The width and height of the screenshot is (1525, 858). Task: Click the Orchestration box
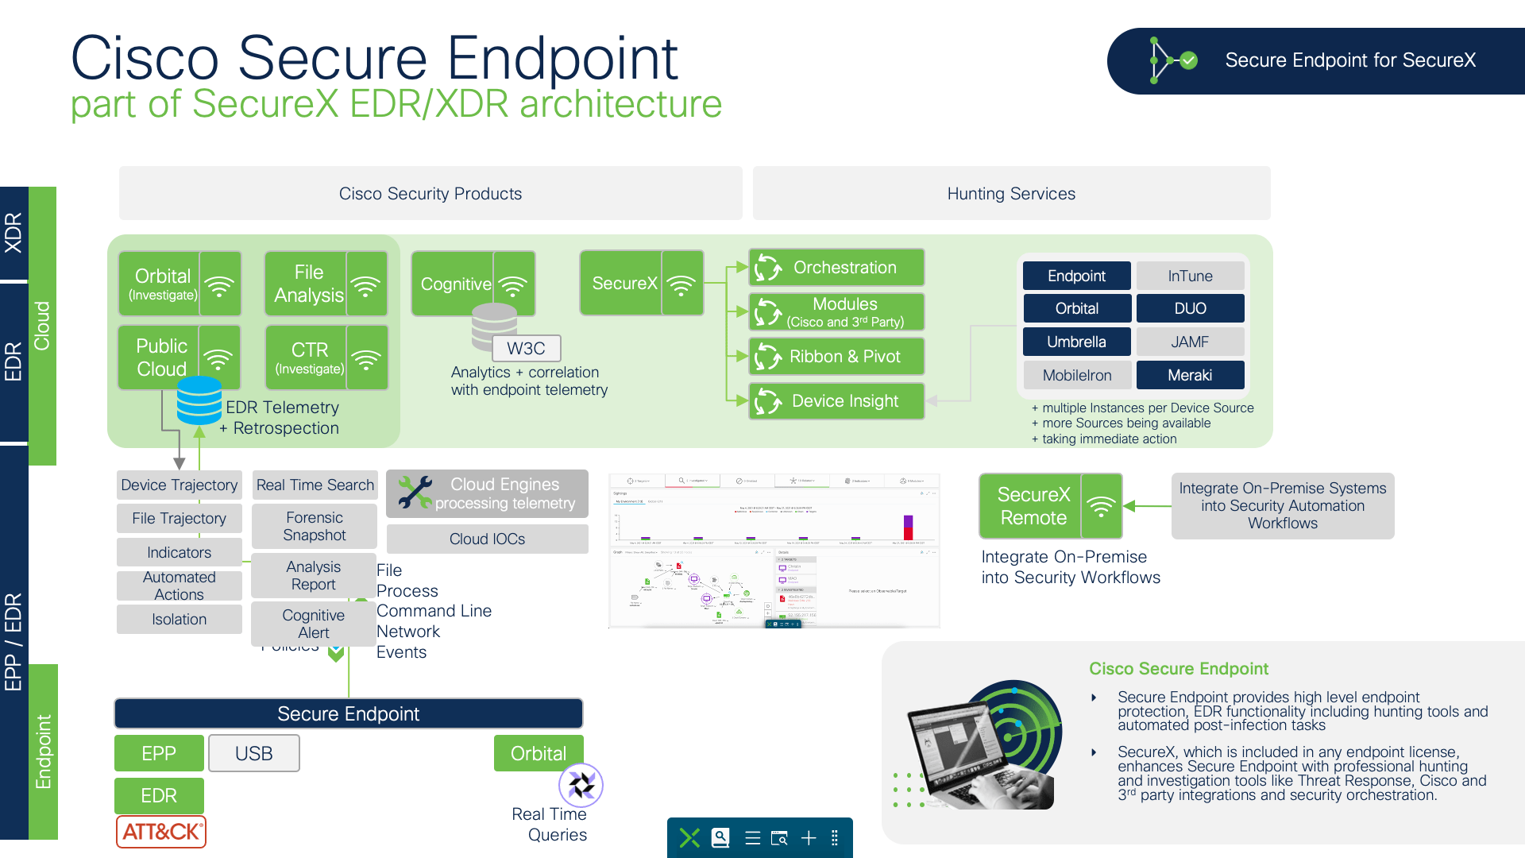pyautogui.click(x=836, y=268)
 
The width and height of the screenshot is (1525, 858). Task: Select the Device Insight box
pyautogui.click(x=836, y=401)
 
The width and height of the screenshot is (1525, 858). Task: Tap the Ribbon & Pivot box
pyautogui.click(x=836, y=357)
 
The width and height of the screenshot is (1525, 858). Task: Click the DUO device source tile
pyautogui.click(x=1190, y=308)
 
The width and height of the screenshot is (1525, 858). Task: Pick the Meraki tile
pyautogui.click(x=1190, y=375)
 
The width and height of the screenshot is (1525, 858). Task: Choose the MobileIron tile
pyautogui.click(x=1076, y=375)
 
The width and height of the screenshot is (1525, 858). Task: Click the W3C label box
pyautogui.click(x=526, y=348)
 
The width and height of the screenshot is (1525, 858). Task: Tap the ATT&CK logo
pyautogui.click(x=161, y=832)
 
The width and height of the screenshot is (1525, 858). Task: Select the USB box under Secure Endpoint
pyautogui.click(x=254, y=753)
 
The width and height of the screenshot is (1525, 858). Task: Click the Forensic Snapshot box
pyautogui.click(x=314, y=526)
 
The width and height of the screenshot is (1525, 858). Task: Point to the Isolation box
pyautogui.click(x=179, y=620)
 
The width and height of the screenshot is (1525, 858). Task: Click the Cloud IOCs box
pyautogui.click(x=487, y=539)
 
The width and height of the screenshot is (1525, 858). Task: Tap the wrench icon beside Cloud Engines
pyautogui.click(x=415, y=493)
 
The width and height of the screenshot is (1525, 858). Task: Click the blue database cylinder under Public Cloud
pyautogui.click(x=199, y=400)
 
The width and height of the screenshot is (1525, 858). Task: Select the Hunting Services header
pyautogui.click(x=1011, y=193)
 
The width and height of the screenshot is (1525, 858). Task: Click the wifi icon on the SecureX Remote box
pyautogui.click(x=1101, y=506)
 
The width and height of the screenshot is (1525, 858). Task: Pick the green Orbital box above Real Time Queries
pyautogui.click(x=539, y=753)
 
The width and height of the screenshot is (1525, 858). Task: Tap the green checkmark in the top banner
pyautogui.click(x=1189, y=60)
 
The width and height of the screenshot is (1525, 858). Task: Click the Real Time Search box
pyautogui.click(x=315, y=485)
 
